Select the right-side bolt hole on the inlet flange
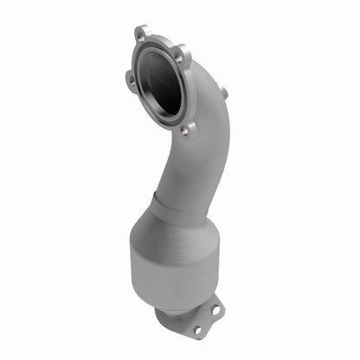click(x=180, y=59)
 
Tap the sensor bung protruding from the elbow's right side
click(x=222, y=91)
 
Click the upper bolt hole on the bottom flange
click(x=214, y=308)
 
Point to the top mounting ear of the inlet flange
click(x=143, y=33)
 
